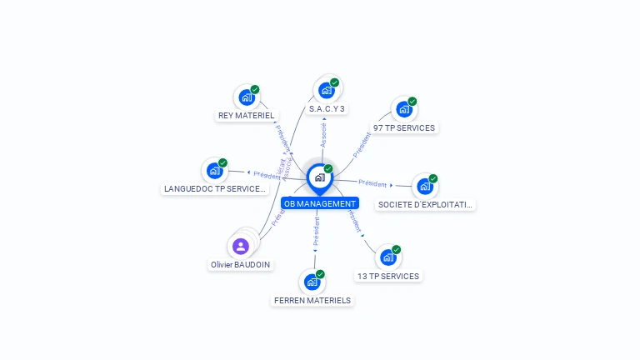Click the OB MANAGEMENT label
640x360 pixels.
320,203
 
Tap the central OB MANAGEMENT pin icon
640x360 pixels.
319,177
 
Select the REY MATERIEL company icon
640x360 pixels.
246,97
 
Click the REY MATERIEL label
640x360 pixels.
246,116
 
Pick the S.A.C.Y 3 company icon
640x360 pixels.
326,90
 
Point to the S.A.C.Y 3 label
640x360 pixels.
327,109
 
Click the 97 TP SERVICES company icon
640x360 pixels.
403,109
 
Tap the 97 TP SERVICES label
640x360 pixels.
404,128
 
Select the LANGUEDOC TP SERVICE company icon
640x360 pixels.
214,170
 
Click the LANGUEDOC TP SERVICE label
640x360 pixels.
215,189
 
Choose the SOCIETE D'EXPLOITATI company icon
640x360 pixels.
424,186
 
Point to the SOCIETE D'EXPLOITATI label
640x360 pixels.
425,204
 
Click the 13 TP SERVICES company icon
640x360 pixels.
387,257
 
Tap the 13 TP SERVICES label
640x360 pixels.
388,276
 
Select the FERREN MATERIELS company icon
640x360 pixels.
312,282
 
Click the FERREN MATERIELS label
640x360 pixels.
312,300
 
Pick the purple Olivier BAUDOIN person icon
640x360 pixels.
241,246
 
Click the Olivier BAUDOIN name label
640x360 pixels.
241,264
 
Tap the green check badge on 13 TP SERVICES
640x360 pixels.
397,249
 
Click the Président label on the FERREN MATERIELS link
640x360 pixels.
317,231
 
